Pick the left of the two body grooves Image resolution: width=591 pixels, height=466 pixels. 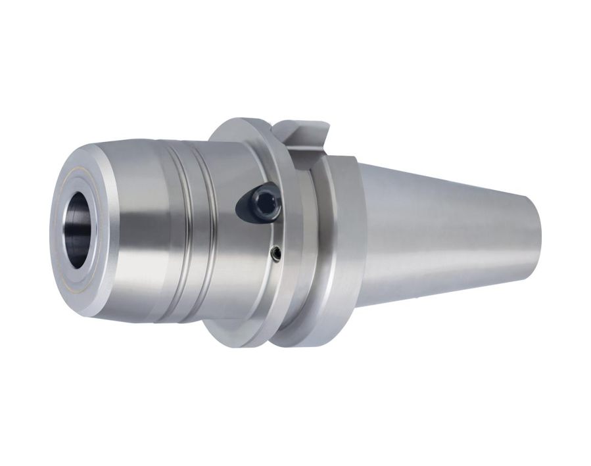point(179,230)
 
